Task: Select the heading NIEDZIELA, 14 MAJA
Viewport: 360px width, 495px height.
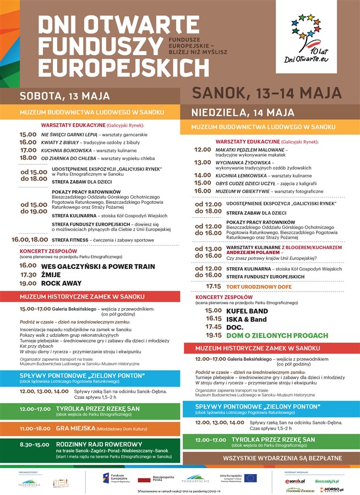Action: tap(243, 113)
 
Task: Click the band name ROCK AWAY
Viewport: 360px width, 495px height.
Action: tap(63, 283)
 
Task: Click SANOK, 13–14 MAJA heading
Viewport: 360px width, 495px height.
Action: tap(266, 93)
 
